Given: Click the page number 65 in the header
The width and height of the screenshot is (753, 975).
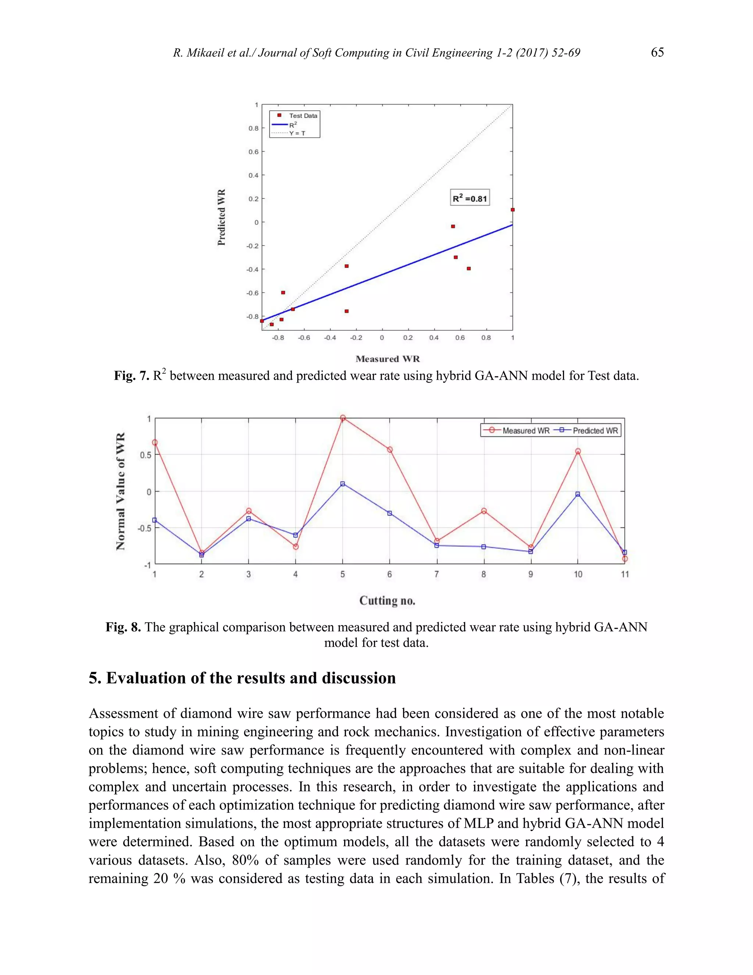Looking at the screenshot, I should pyautogui.click(x=657, y=53).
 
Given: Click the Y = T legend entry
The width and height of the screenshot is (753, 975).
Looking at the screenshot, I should pyautogui.click(x=297, y=133).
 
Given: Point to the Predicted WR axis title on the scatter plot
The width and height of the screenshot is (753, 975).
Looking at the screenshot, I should pyautogui.click(x=222, y=217).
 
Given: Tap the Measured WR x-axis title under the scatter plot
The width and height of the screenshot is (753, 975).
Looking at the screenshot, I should pyautogui.click(x=388, y=359).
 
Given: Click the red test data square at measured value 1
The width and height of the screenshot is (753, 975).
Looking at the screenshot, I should pyautogui.click(x=513, y=209).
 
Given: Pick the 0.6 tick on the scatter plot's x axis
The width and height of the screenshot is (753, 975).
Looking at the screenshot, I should pyautogui.click(x=460, y=338).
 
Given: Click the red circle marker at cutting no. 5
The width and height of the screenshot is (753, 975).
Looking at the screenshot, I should pyautogui.click(x=343, y=418).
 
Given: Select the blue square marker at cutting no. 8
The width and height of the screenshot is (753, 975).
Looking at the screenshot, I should pyautogui.click(x=483, y=547).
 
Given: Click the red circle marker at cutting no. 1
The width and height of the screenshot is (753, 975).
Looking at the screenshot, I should pyautogui.click(x=155, y=442).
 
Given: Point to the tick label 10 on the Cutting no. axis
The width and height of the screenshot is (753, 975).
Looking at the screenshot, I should pyautogui.click(x=578, y=575).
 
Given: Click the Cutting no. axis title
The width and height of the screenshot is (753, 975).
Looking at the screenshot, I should pyautogui.click(x=387, y=601).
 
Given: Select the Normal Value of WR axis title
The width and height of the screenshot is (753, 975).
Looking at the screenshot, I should pyautogui.click(x=121, y=491).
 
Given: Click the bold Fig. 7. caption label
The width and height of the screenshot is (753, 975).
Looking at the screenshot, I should pyautogui.click(x=131, y=376).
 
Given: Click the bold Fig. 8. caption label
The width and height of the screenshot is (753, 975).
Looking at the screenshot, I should pyautogui.click(x=123, y=627).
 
